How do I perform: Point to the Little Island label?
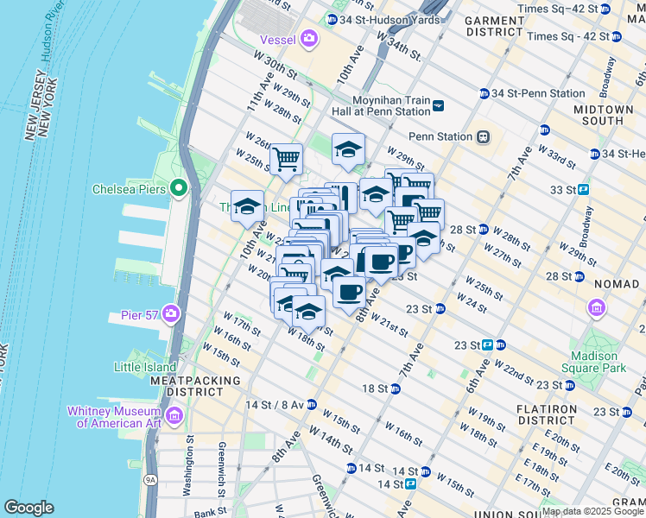point(145,367)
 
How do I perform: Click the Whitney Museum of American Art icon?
point(175,417)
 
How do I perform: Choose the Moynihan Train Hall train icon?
point(439,105)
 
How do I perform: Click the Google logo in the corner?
point(28,508)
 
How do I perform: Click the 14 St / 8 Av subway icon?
point(311,404)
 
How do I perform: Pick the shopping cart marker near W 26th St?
point(286,158)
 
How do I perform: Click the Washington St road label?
point(187,471)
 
